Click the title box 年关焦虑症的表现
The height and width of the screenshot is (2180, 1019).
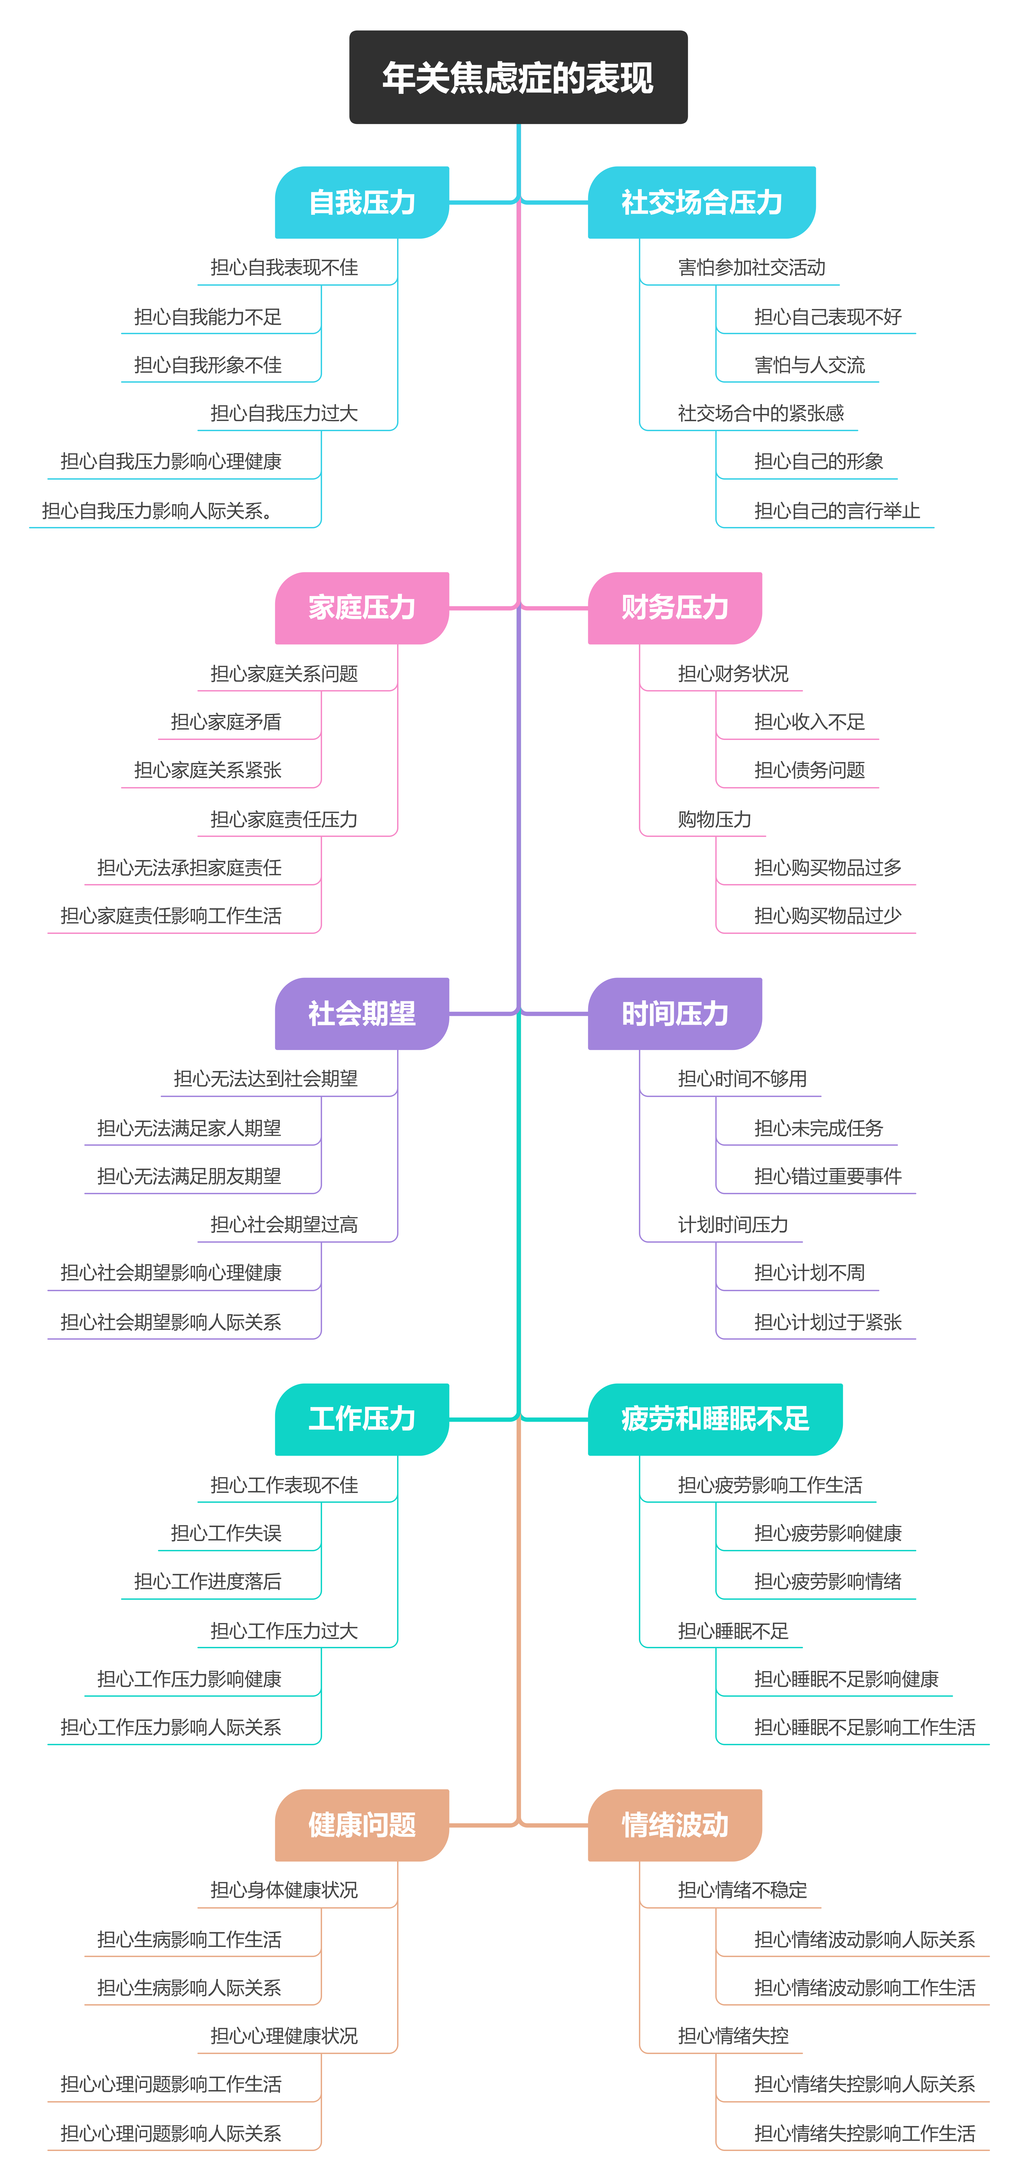[518, 77]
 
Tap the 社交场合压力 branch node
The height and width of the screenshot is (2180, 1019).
[702, 202]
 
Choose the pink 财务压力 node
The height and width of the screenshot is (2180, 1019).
[674, 608]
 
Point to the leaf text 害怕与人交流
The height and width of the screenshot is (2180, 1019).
[810, 366]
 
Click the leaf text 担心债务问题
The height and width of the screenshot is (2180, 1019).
[810, 770]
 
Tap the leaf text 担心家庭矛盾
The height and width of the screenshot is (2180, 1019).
[226, 722]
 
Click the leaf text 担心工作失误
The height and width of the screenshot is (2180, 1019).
[226, 1533]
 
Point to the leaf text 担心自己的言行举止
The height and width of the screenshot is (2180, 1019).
[837, 511]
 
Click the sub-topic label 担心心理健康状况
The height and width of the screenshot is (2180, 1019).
[284, 2036]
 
